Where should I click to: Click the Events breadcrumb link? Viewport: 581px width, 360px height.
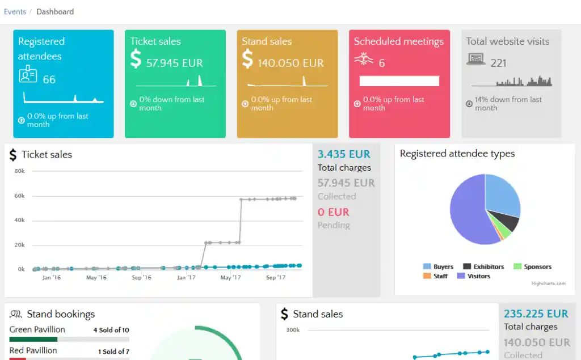click(x=15, y=12)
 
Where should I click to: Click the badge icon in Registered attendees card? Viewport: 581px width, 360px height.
click(x=28, y=74)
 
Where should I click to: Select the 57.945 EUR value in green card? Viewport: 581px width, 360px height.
click(x=175, y=63)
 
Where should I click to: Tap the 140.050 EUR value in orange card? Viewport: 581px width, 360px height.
click(x=291, y=63)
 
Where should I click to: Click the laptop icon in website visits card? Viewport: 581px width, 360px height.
click(x=476, y=59)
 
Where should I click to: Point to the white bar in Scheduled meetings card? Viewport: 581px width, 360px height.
click(x=399, y=81)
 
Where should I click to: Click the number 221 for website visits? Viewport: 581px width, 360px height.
click(x=498, y=63)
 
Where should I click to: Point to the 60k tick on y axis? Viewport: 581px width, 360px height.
click(x=20, y=196)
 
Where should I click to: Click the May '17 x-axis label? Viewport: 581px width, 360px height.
click(x=230, y=277)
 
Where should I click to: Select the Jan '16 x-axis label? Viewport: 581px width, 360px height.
click(x=52, y=277)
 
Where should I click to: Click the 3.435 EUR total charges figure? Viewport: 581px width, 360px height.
click(x=344, y=154)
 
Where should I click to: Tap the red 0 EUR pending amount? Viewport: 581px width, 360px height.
click(x=334, y=212)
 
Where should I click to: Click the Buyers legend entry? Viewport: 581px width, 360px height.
click(x=439, y=266)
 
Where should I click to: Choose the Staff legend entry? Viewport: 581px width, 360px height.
click(x=435, y=276)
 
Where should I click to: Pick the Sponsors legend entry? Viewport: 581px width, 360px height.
click(x=532, y=266)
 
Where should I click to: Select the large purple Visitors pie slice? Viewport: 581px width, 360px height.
click(x=467, y=215)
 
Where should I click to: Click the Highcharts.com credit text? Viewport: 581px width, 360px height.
click(x=549, y=283)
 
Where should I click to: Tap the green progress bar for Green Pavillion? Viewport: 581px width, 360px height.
click(x=33, y=339)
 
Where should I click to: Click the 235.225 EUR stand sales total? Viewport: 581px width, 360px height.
click(x=536, y=314)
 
